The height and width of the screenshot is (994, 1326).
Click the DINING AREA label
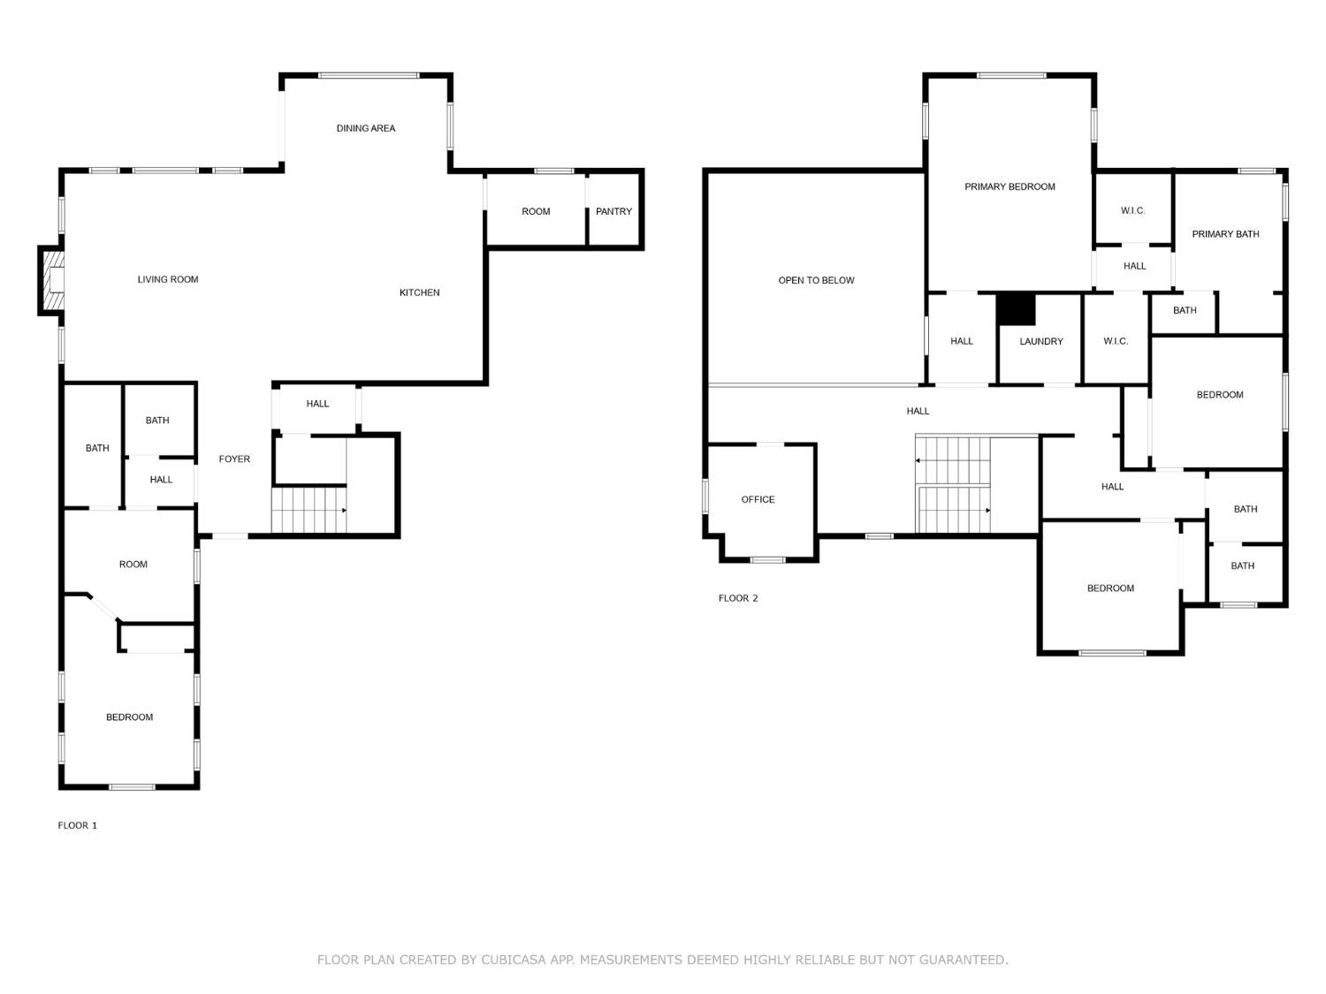click(365, 128)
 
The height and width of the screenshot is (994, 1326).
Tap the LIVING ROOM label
click(168, 279)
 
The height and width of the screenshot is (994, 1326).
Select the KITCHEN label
click(419, 292)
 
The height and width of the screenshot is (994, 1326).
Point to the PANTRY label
click(613, 211)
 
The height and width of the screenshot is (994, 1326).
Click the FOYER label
click(234, 459)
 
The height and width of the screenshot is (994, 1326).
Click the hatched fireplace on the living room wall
click(52, 281)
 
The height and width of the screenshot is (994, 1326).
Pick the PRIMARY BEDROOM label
click(1010, 187)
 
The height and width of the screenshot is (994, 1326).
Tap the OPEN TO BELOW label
click(816, 281)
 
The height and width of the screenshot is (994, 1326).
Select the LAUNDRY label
click(1040, 342)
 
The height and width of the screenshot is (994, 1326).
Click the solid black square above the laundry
click(1016, 309)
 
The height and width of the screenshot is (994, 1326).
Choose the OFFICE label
click(758, 500)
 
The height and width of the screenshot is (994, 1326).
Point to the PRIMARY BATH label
click(1226, 234)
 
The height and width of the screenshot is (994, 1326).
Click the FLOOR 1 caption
click(77, 825)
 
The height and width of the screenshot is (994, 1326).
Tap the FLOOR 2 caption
click(737, 598)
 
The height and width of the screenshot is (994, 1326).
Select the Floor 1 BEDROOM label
click(129, 717)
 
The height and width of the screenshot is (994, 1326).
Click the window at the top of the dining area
click(369, 75)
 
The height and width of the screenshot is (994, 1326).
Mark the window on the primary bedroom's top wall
click(1011, 75)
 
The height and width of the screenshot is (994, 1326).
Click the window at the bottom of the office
click(767, 560)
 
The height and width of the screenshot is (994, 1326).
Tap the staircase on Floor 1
click(309, 511)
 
